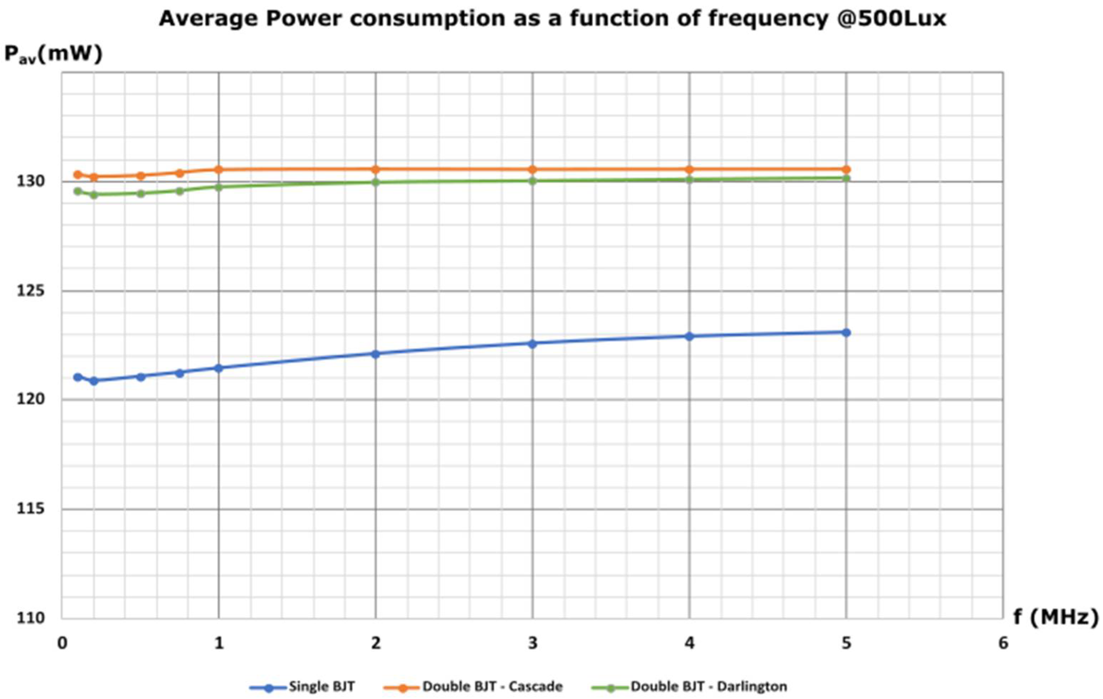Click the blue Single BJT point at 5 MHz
[846, 332]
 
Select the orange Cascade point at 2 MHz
[376, 169]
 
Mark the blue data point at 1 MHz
[219, 368]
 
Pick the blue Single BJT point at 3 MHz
[532, 344]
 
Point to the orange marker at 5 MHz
[846, 169]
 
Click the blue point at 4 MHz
[689, 337]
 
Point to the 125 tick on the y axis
[31, 291]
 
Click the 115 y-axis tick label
[31, 509]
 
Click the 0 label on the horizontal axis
[62, 643]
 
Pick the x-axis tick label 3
[532, 643]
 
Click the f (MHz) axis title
[1056, 618]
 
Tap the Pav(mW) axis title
[53, 54]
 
